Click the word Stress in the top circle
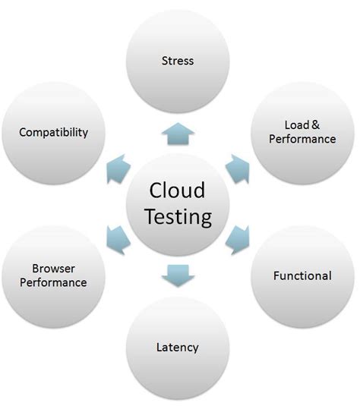(178, 60)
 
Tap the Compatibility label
(53, 132)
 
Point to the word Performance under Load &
(302, 140)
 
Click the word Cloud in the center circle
(177, 190)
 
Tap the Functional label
(302, 275)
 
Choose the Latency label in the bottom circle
(178, 347)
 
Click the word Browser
(53, 269)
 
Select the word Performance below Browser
(53, 282)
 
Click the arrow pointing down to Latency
(178, 275)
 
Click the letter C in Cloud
(155, 190)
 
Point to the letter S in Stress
(165, 60)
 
